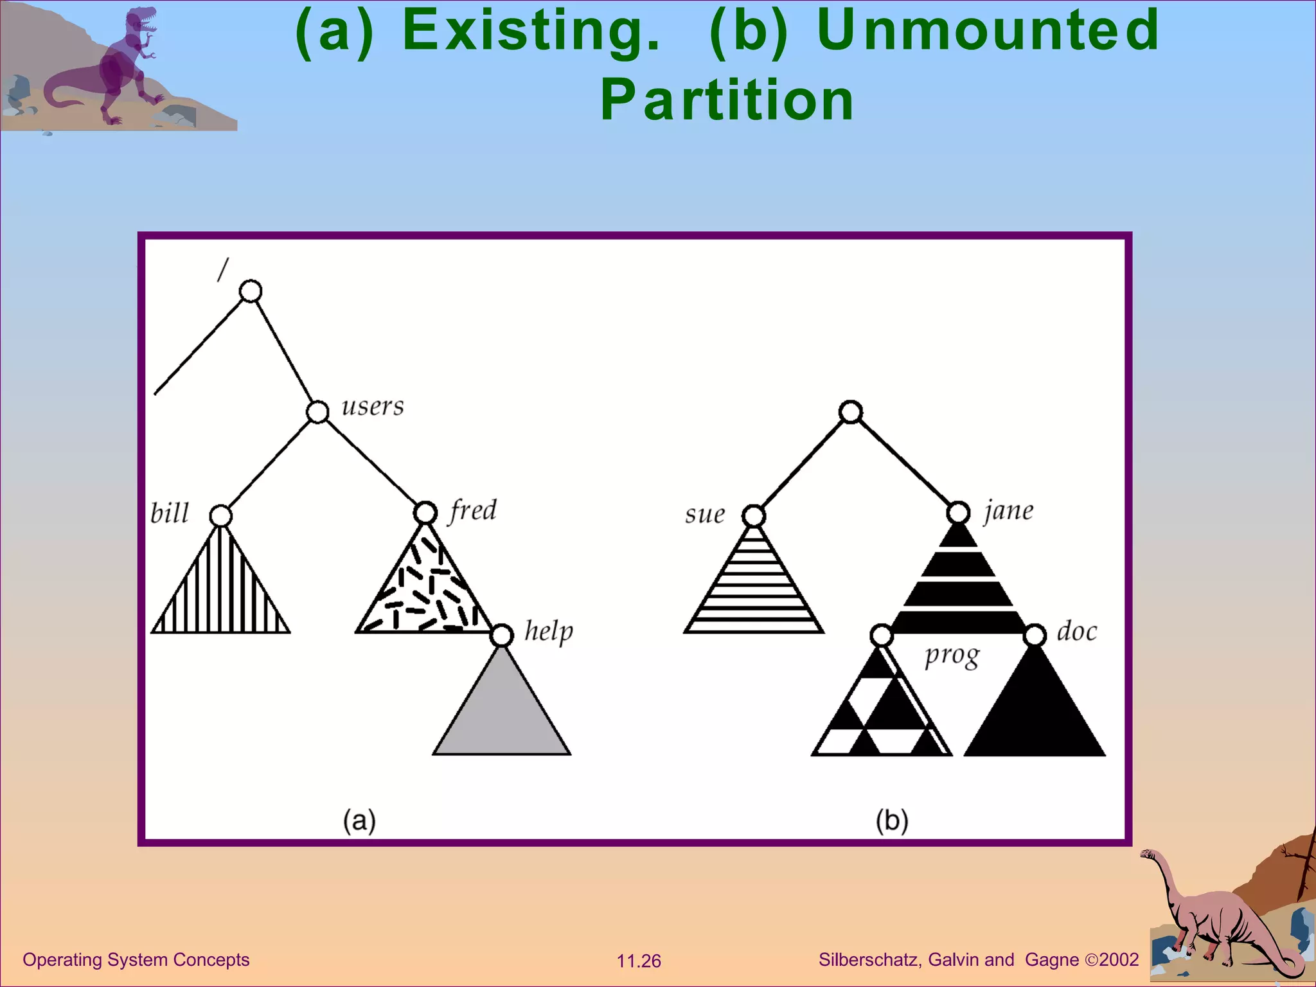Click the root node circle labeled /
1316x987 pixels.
tap(251, 291)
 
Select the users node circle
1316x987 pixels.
tap(317, 411)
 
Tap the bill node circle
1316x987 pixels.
tap(220, 515)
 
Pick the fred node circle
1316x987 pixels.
tap(425, 513)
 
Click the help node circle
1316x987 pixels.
tap(502, 635)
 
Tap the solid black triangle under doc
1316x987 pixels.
tap(1035, 713)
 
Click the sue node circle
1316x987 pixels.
tap(754, 515)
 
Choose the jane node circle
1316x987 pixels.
tap(958, 513)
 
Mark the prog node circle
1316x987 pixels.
tap(882, 636)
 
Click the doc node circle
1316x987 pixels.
tap(1035, 636)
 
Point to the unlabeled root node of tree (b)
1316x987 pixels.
tap(851, 411)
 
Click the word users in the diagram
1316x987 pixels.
tap(373, 406)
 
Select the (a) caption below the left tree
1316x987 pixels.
tap(359, 821)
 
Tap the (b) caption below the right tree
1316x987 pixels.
tap(892, 821)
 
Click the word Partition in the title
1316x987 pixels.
tap(727, 100)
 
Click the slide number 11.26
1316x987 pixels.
tap(639, 961)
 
